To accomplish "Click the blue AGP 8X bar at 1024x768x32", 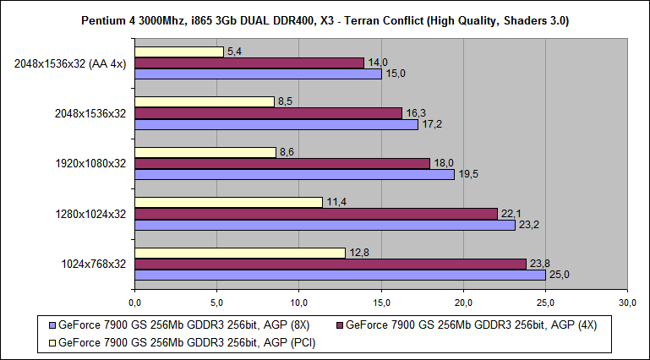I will click(339, 275).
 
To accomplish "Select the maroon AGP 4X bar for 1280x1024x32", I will click(315, 214).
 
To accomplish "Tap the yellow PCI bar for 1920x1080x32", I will click(205, 152).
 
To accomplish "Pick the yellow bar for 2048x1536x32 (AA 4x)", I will click(178, 52).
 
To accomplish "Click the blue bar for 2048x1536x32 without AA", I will click(276, 124).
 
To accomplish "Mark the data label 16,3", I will click(414, 112).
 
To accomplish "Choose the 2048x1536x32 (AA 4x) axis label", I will click(71, 63).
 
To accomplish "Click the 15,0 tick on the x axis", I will click(381, 302).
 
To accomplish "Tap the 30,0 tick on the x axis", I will click(627, 302).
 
